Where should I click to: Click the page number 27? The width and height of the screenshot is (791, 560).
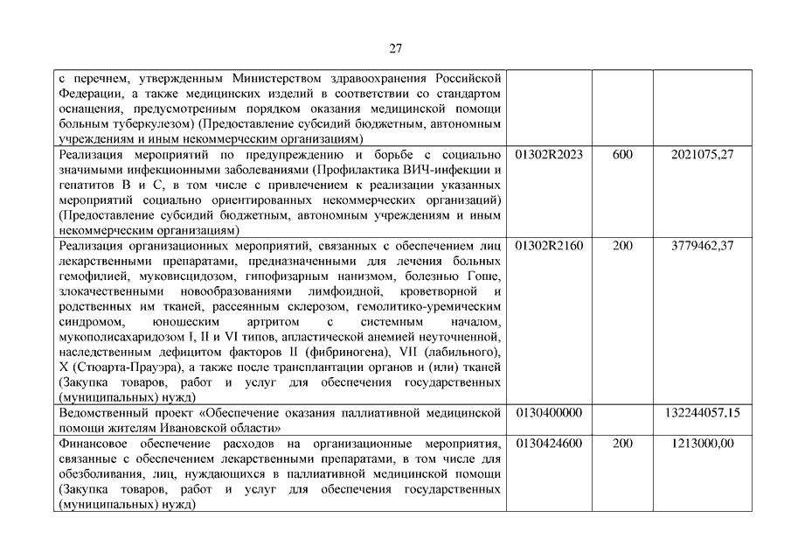point(395,48)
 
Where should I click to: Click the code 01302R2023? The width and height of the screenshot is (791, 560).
point(549,154)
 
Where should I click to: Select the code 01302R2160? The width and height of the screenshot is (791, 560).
point(549,246)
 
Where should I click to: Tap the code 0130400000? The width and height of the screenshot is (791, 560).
point(549,412)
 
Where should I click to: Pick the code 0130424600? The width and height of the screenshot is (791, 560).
point(549,444)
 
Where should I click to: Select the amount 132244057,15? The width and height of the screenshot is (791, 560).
point(702,412)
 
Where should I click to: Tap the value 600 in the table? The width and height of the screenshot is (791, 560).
point(622,154)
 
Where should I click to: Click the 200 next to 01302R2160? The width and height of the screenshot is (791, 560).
point(622,246)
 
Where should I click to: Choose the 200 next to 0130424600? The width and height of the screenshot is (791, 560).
point(622,444)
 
